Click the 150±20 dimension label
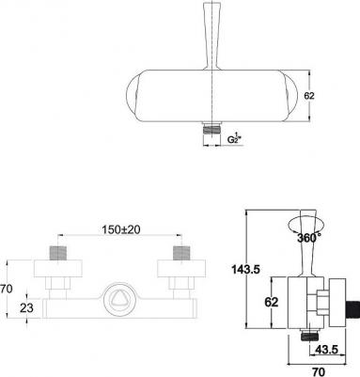tap(121, 229)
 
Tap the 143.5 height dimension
tap(245, 269)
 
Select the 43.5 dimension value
tap(326, 350)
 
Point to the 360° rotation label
tap(308, 238)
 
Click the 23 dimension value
tap(26, 308)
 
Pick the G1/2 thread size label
tap(234, 138)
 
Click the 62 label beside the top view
tap(309, 96)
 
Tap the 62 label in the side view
tap(272, 302)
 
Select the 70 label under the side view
tap(319, 371)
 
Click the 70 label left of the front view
tap(7, 289)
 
